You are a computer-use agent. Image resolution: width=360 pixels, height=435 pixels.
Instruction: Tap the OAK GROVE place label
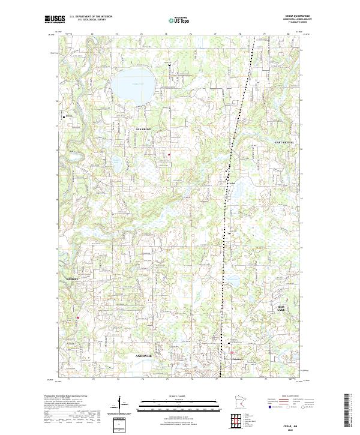click(144, 129)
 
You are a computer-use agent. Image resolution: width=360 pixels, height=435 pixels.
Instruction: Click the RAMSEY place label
click(73, 280)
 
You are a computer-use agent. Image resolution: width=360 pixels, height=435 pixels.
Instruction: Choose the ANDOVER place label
click(144, 355)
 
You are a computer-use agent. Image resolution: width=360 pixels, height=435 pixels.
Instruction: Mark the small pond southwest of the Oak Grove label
click(116, 161)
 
